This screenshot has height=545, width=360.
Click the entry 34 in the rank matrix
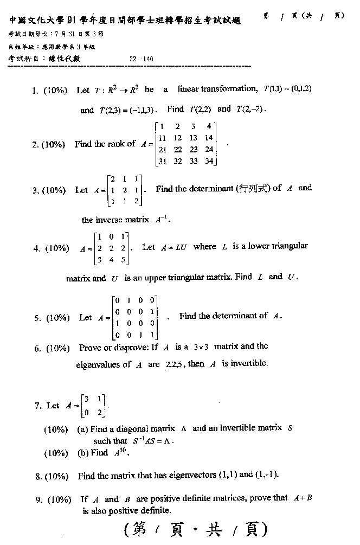(x=209, y=161)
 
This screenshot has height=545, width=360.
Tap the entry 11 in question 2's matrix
(x=162, y=138)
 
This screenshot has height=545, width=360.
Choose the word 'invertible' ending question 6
(x=248, y=364)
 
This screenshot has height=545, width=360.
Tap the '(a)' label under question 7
(x=83, y=429)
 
